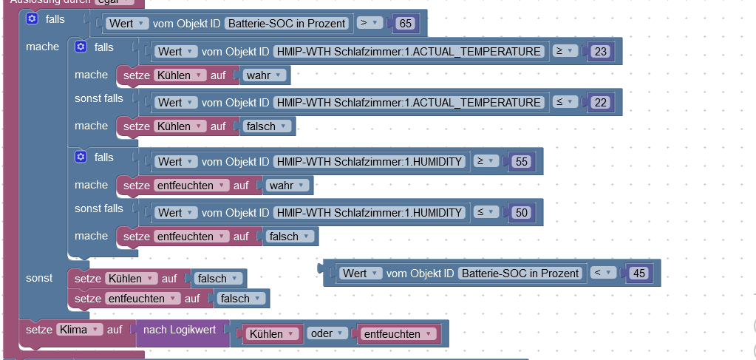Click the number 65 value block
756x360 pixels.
(x=405, y=24)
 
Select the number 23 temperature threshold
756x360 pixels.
(x=600, y=52)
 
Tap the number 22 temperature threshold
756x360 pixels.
(x=600, y=103)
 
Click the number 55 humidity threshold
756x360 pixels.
(x=522, y=162)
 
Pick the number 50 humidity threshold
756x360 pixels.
(x=522, y=213)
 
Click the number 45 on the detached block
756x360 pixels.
(x=639, y=274)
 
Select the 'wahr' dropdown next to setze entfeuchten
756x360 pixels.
(x=285, y=186)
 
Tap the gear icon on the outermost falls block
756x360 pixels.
(x=32, y=18)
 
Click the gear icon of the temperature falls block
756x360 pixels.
(x=81, y=47)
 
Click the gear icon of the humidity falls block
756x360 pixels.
(x=81, y=157)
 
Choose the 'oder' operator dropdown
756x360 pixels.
(x=326, y=334)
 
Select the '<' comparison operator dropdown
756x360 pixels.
(x=602, y=273)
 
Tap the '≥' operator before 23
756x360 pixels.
(x=563, y=51)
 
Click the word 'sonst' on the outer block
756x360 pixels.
(x=39, y=278)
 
